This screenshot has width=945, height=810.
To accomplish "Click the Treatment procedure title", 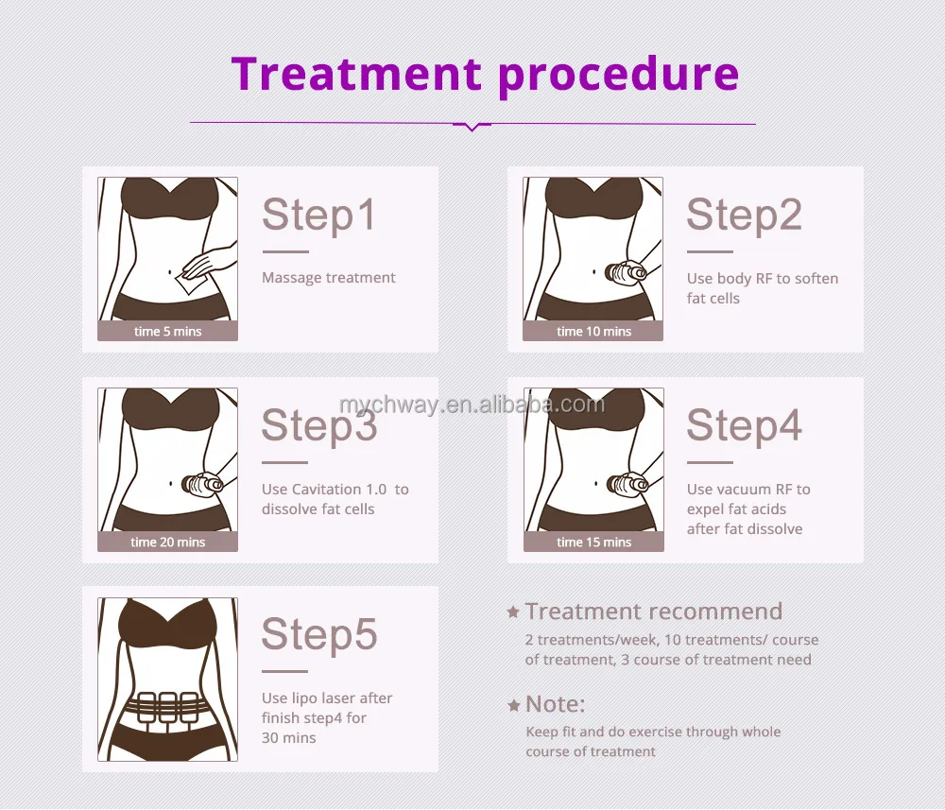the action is pos(485,74).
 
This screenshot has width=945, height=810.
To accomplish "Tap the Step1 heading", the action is pos(318,215).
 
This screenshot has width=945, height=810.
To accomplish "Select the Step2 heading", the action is pos(744,215).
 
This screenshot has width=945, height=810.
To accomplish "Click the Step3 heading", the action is pos(318,425).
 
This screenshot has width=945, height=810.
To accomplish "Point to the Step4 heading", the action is pos(744,425).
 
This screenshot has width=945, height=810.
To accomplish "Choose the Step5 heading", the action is pos(318,634).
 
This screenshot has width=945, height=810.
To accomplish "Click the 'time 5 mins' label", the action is pos(168,332).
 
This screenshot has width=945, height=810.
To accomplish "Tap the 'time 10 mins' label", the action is pos(593,332).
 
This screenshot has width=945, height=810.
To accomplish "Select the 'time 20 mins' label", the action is pos(168,543).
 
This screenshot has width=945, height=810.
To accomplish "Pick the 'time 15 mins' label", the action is pos(593,543).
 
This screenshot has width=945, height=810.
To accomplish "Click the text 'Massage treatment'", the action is pos(328,278).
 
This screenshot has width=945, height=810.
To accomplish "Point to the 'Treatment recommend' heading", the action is pos(654,612).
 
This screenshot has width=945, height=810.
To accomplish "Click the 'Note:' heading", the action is pos(556,704).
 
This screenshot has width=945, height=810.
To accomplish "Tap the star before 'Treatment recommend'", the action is pos(513,612).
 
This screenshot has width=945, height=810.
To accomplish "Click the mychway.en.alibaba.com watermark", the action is pos(472,405).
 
